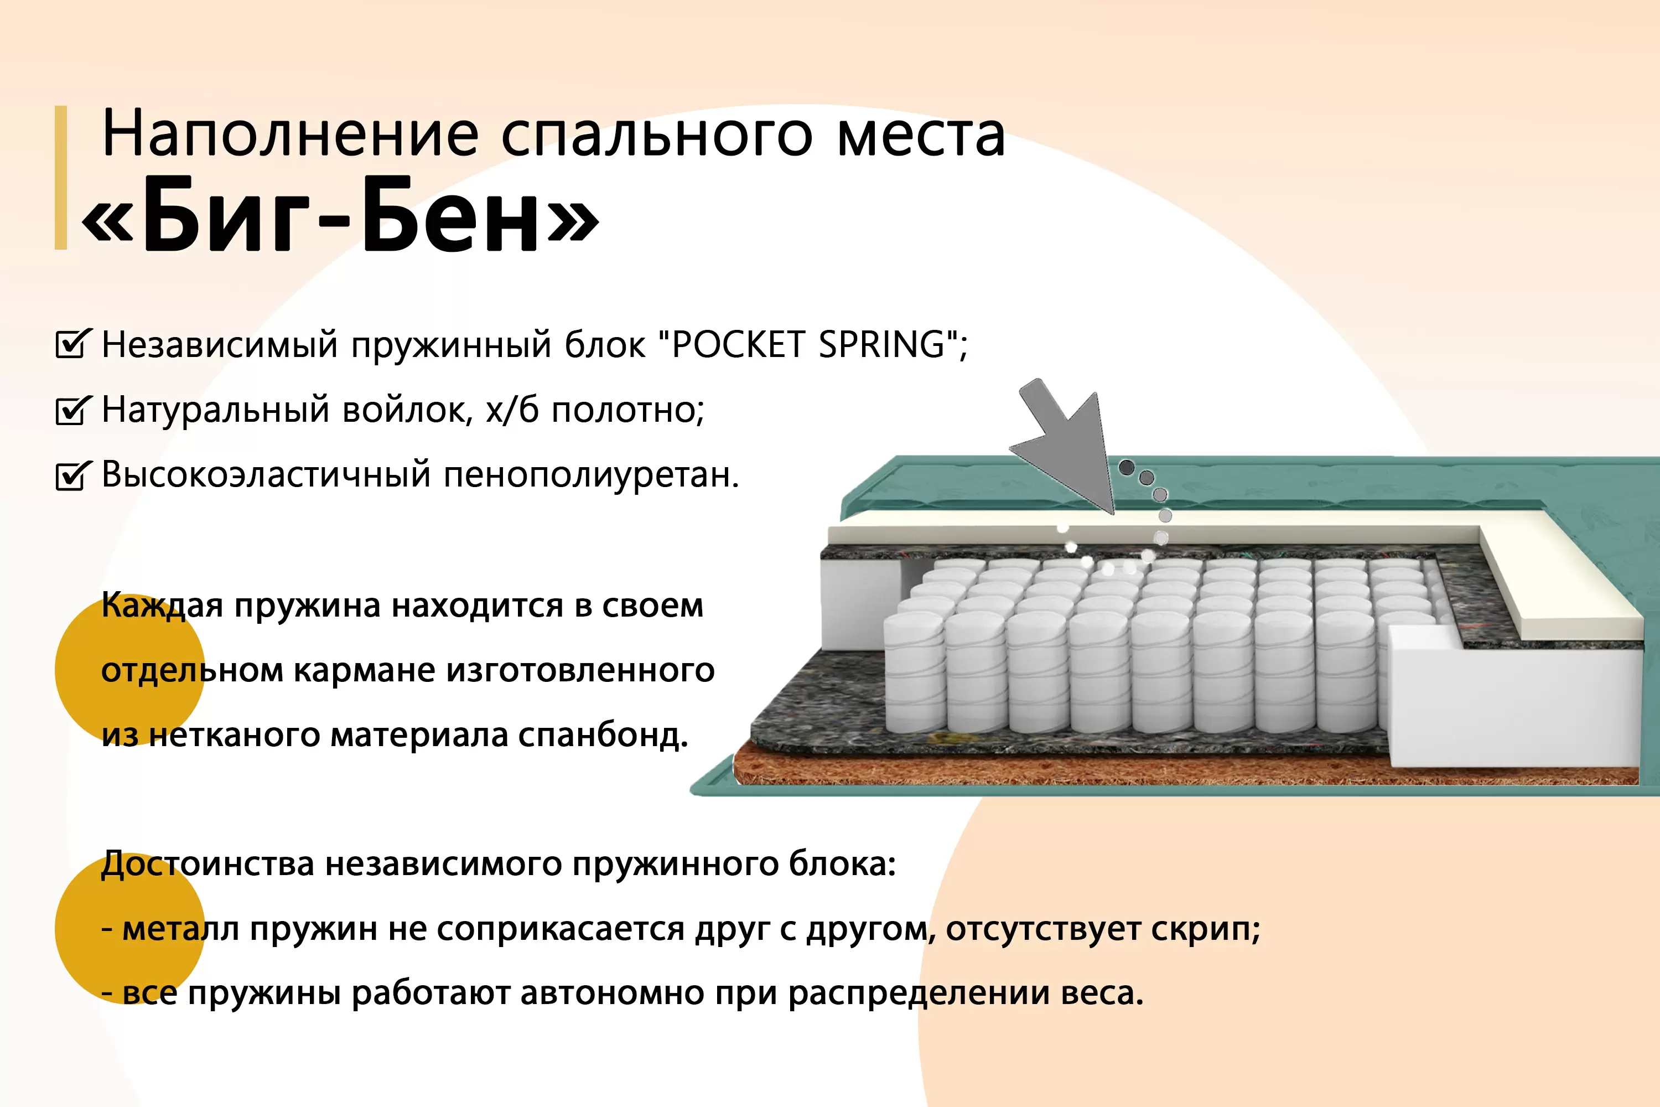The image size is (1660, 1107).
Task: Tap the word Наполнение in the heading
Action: point(290,133)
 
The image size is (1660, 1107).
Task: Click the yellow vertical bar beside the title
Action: point(61,177)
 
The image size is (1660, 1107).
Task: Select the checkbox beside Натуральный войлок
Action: point(72,410)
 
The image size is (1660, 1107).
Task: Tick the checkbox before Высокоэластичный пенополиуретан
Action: point(72,474)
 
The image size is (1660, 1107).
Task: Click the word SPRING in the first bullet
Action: point(882,344)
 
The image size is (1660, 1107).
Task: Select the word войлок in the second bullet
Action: point(407,410)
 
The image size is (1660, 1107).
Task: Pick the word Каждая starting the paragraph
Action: point(162,606)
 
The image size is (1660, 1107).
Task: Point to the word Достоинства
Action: point(207,864)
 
